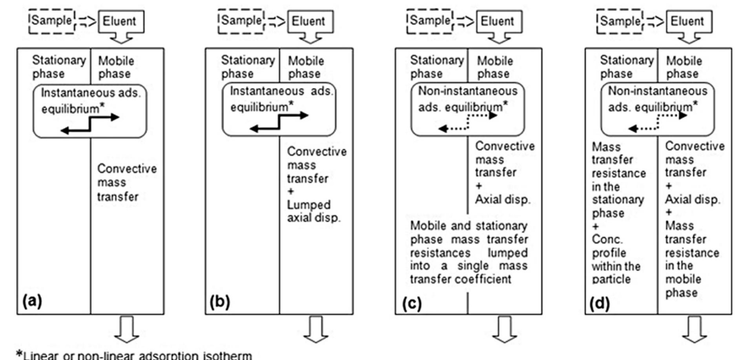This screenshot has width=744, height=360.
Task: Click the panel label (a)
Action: point(32,301)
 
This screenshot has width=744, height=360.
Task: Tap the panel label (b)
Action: point(220,302)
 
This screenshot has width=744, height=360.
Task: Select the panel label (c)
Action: point(412,303)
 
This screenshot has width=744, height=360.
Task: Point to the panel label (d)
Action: point(599,303)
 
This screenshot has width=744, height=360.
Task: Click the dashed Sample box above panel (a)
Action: point(51,21)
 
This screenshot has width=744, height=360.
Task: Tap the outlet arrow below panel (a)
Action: point(126,329)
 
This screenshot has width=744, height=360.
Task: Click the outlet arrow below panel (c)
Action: point(505,329)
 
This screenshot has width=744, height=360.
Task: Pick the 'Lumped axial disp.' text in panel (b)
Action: point(313,211)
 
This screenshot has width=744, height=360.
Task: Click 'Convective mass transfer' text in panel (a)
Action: point(126,182)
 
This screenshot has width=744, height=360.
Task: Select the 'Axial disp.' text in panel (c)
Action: point(503,199)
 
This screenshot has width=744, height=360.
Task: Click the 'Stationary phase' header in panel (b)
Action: point(247,67)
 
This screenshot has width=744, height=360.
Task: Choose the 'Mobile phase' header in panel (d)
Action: point(683,67)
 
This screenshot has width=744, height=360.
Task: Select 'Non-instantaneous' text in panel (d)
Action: point(657,91)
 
